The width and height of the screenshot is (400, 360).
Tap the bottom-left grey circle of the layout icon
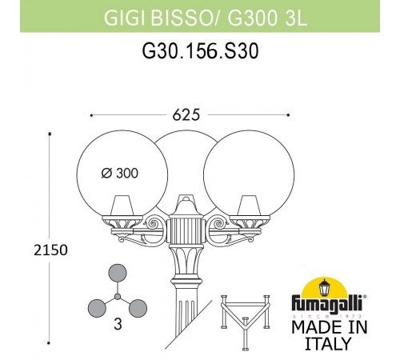click(95, 307)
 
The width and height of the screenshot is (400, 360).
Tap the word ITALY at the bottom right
click(328, 345)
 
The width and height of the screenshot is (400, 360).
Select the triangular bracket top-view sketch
click(243, 317)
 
